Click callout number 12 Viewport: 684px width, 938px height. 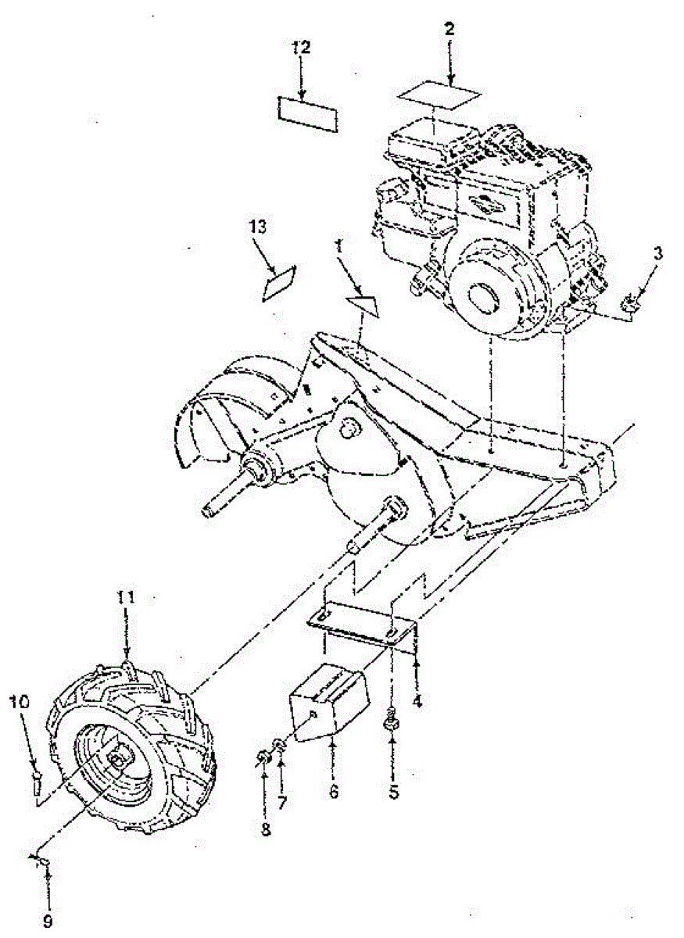pos(301,48)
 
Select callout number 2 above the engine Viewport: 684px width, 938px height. pos(450,30)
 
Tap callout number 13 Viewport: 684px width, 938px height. pos(259,227)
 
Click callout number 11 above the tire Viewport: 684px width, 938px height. pos(126,598)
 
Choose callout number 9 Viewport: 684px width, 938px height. pos(48,922)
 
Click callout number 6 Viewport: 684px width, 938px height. pos(334,792)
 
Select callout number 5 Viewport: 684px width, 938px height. pos(394,792)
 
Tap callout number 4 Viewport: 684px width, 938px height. pos(417,702)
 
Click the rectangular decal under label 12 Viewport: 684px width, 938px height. pos(306,113)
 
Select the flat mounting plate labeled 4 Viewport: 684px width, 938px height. pos(363,623)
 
